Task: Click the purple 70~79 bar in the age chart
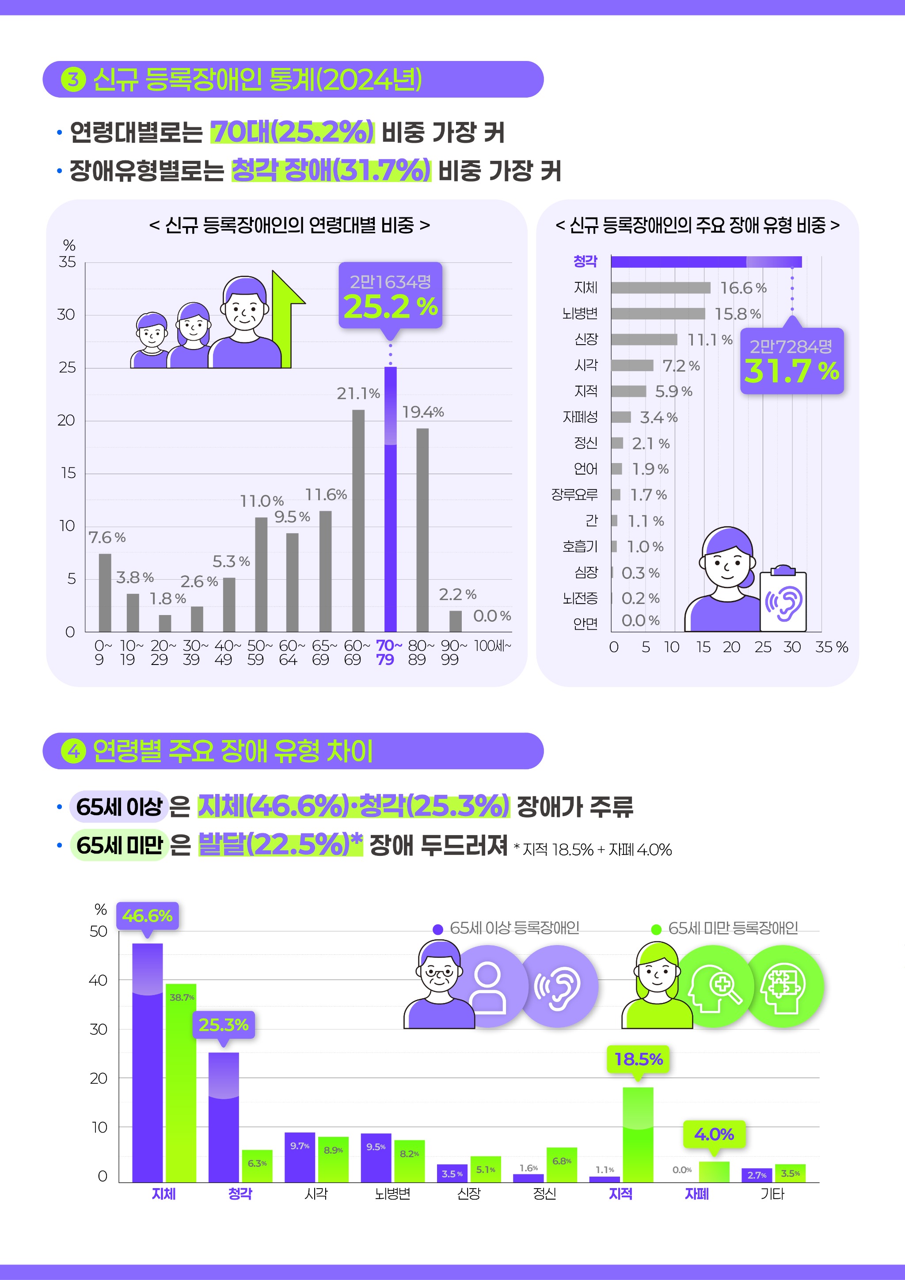pyautogui.click(x=390, y=499)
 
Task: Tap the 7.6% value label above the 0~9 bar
pyautogui.click(x=107, y=537)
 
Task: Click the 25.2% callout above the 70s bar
pyautogui.click(x=390, y=296)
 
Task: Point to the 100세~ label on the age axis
pyautogui.click(x=492, y=646)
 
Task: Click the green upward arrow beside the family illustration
pyautogui.click(x=286, y=318)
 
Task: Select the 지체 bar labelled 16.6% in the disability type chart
pyautogui.click(x=660, y=288)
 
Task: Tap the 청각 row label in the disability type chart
pyautogui.click(x=585, y=261)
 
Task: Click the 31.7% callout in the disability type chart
pyautogui.click(x=791, y=361)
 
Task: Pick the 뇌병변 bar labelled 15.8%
pyautogui.click(x=658, y=314)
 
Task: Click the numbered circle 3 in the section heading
pyautogui.click(x=73, y=79)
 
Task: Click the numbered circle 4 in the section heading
pyautogui.click(x=73, y=751)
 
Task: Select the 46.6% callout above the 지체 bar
pyautogui.click(x=147, y=916)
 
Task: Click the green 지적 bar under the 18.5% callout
pyautogui.click(x=638, y=1135)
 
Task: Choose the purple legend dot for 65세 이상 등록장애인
pyautogui.click(x=438, y=929)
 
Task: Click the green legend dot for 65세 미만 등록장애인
pyautogui.click(x=656, y=929)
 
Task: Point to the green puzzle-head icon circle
pyautogui.click(x=783, y=986)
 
